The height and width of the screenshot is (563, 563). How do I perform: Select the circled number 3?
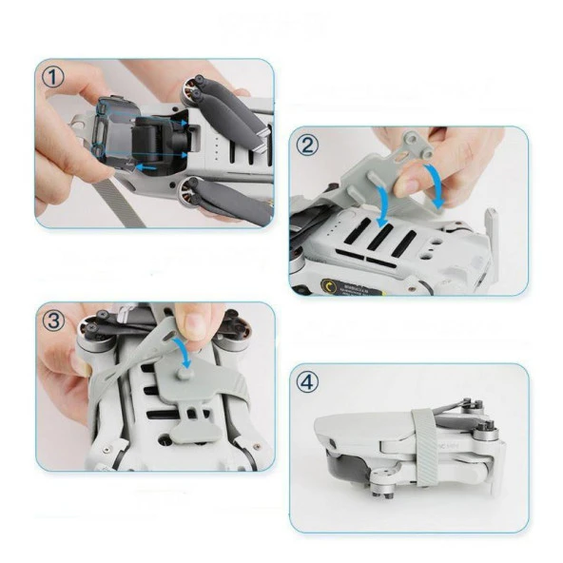pyautogui.click(x=54, y=321)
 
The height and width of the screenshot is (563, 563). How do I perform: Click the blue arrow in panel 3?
pyautogui.click(x=187, y=360)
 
